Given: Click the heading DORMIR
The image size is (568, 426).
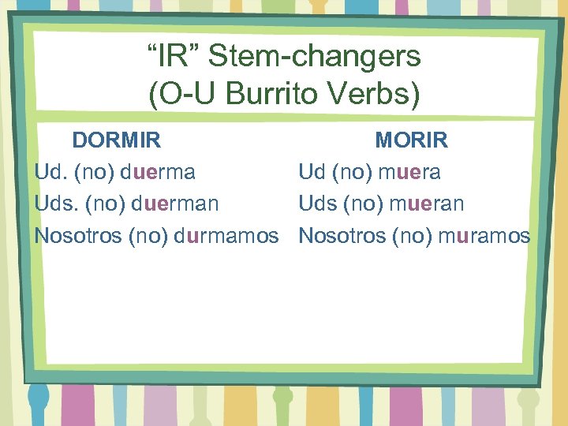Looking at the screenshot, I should point(117,140).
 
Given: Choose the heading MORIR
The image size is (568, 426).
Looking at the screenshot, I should point(412,140).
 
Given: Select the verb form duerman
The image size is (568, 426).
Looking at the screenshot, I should point(175,204).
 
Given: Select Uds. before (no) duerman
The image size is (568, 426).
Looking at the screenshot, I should point(54,204).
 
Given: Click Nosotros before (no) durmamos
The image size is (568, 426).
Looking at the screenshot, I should point(78,235).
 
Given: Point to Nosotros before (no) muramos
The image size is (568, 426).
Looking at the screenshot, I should point(342,235).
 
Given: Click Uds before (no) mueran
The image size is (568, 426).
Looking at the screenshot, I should point(317,204).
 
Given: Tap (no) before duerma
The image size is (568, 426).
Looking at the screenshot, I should point(98,172).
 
